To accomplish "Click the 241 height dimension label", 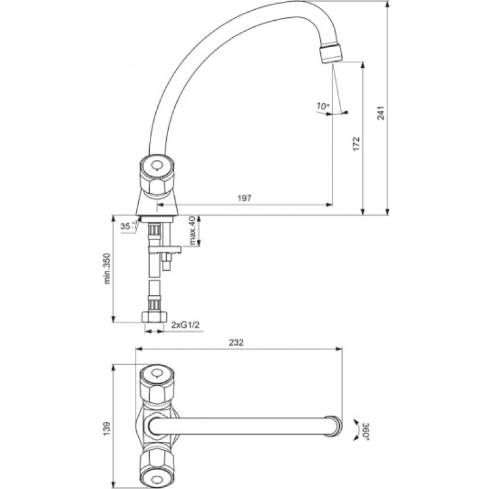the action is pos(381,113).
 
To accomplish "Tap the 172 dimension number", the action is pos(356,144).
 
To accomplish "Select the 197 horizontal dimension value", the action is pos(244,198).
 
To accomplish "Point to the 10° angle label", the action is pos(323,106).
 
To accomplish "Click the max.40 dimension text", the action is pos(192,230).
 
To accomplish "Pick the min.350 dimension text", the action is pos(107,268).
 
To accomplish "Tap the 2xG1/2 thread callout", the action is pos(185,325).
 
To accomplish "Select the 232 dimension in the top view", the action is pos(237,342).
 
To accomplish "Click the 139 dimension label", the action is pos(107,428).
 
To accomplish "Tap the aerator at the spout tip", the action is pos(331,54).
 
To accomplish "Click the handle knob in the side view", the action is pos(157,175).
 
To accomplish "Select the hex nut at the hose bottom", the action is pos(154,316).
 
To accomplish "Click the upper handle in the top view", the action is pos(156,384).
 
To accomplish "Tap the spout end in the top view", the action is pos(334,426).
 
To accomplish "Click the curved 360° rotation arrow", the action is pos(356,430).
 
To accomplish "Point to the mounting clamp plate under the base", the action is pos(165,249).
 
